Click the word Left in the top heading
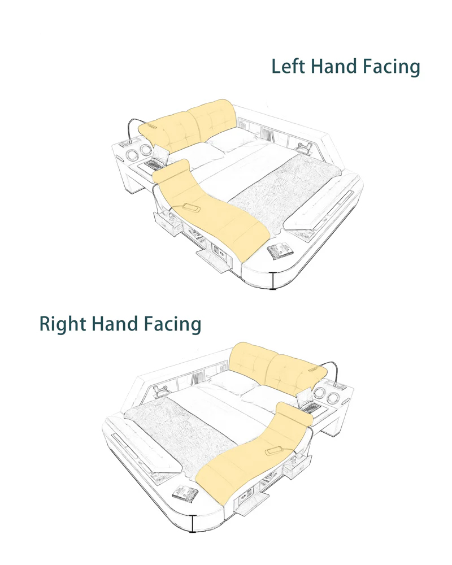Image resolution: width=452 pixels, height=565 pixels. point(288,67)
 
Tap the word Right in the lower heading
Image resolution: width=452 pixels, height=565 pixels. point(63,324)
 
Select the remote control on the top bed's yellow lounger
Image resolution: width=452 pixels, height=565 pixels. point(192,208)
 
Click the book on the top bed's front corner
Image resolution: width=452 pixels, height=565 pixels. point(279,250)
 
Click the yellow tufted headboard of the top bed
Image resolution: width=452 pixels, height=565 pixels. point(189,126)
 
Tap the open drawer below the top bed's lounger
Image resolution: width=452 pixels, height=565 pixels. point(168,223)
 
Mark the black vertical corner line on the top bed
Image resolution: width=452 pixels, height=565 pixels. point(273,280)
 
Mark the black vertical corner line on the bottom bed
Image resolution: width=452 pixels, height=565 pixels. point(193,524)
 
